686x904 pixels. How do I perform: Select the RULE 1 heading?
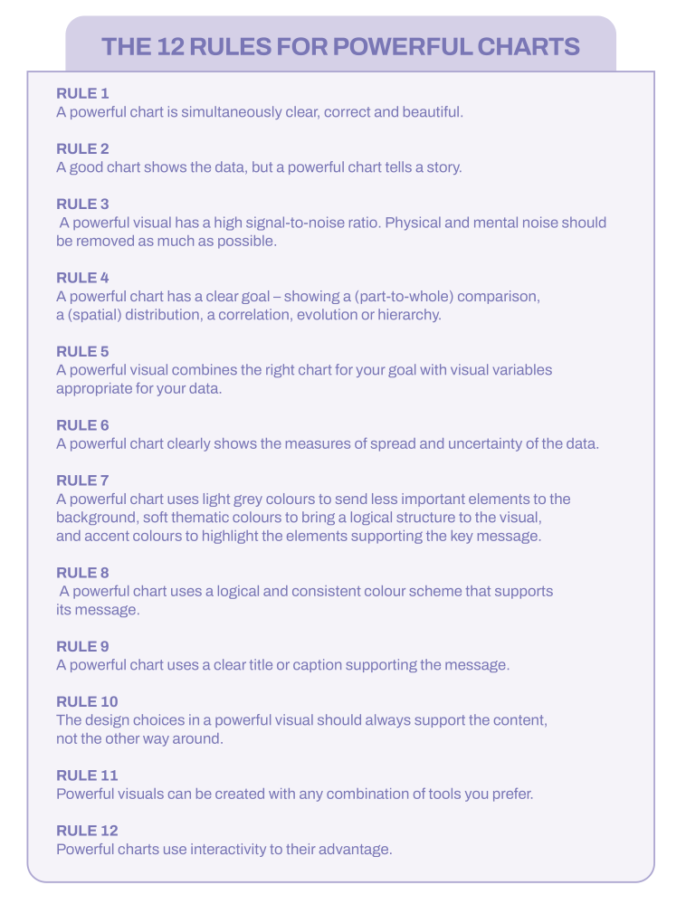(82, 93)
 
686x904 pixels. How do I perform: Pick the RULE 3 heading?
(82, 205)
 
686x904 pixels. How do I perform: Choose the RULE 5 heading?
(82, 351)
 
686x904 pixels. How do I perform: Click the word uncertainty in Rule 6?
(486, 443)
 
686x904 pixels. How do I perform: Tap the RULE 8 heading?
(82, 573)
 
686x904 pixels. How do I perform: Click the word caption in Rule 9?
(324, 665)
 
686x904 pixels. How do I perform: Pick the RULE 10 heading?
(87, 702)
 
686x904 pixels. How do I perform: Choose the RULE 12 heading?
(87, 831)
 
